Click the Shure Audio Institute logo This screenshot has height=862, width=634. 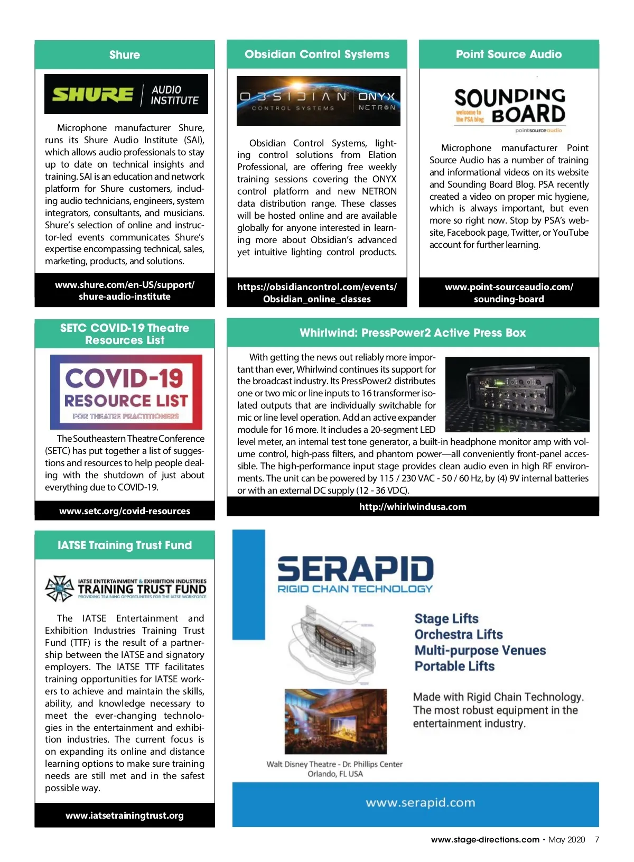point(126,95)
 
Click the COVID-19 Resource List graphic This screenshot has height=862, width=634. point(126,392)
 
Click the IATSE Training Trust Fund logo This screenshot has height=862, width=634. point(126,589)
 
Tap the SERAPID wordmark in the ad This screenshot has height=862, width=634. point(355,569)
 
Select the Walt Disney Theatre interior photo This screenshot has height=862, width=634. point(335,721)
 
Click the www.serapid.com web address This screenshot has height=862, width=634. point(420,803)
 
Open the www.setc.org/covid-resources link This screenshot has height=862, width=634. point(125,511)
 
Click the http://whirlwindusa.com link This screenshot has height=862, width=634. point(413,507)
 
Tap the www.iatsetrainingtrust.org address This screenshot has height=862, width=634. point(125,815)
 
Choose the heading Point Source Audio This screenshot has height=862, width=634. point(509,54)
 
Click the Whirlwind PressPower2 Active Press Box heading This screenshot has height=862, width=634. point(413,333)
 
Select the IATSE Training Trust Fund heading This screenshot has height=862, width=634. point(125,545)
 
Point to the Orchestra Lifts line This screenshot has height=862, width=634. point(458,634)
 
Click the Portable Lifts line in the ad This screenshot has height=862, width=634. point(454,666)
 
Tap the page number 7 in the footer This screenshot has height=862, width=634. point(597,839)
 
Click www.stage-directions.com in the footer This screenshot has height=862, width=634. point(485,839)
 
